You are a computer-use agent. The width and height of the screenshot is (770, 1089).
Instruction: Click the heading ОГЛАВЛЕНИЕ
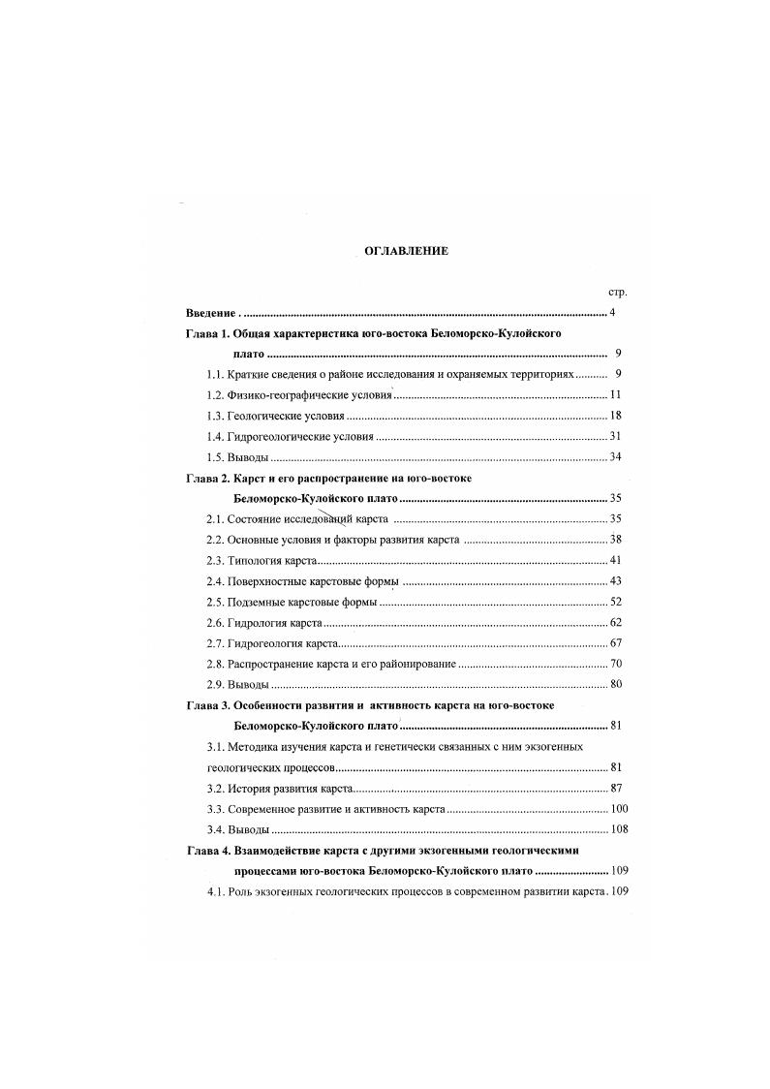click(406, 251)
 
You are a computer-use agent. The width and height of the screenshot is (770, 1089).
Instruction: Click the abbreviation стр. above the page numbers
click(616, 292)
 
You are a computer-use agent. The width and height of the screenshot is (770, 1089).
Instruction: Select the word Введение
click(209, 313)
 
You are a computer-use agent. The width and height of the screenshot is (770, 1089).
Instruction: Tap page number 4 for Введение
click(613, 313)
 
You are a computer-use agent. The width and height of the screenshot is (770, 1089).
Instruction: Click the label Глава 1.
click(207, 333)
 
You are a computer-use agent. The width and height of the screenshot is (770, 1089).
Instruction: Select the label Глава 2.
click(207, 478)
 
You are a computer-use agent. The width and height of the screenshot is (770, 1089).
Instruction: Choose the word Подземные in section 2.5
click(257, 602)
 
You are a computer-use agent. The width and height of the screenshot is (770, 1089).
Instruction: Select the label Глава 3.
click(207, 705)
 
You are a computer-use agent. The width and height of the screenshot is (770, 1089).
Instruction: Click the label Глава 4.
click(207, 850)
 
